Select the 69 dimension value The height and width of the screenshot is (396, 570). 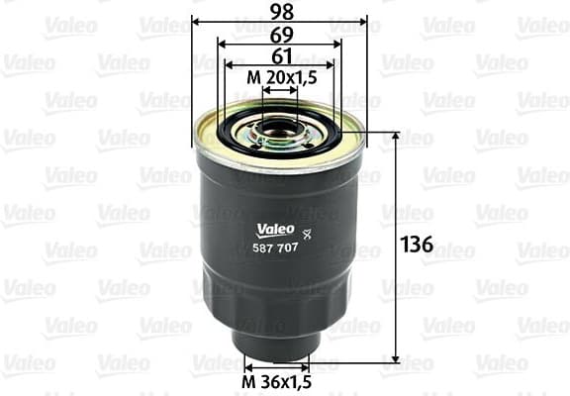click(279, 33)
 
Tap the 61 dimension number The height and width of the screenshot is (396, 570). click(279, 55)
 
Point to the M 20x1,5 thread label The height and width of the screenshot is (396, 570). click(280, 78)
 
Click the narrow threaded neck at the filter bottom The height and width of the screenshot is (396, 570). click(278, 343)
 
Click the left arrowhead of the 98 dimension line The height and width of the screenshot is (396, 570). click(196, 21)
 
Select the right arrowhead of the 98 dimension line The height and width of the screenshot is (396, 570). click(363, 21)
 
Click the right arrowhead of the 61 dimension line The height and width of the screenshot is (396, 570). click(332, 66)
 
